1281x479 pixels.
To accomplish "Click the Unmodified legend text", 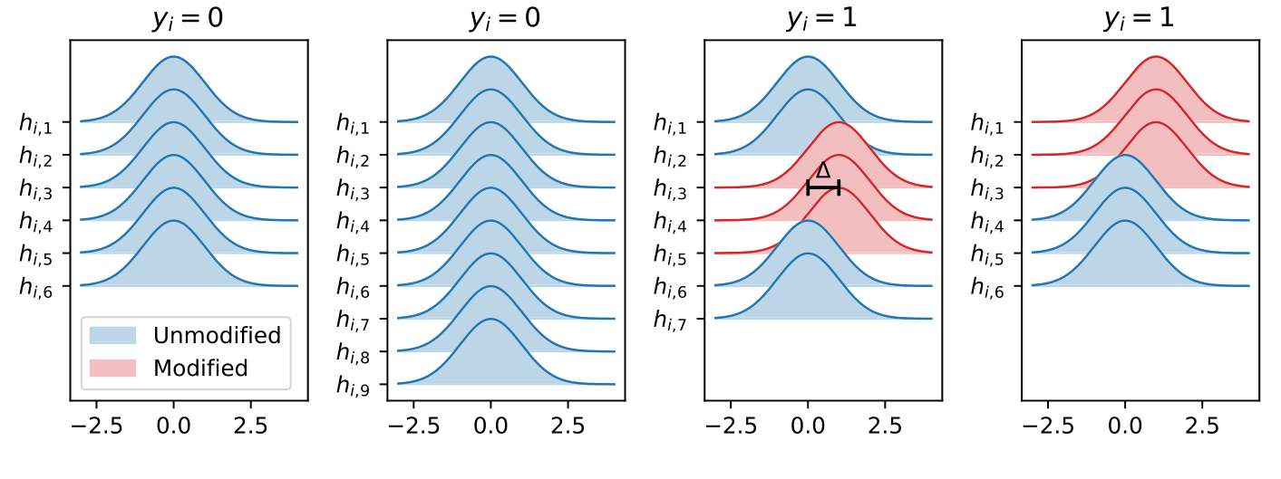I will point(217,336).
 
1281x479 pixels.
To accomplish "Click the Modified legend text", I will point(200,368).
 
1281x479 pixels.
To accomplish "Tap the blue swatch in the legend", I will point(112,336).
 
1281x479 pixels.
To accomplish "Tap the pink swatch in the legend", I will point(112,368).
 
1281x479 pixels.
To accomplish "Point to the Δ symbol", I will point(823,170).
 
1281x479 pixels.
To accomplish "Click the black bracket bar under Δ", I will point(823,187).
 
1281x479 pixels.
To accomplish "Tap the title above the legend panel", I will point(188,20).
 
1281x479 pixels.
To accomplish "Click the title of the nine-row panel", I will point(505,20).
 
